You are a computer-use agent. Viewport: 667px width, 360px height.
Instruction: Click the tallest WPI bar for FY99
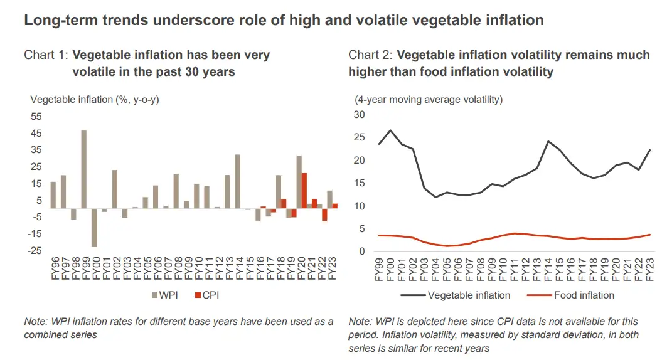click(83, 169)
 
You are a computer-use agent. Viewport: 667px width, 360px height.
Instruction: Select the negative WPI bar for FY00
click(94, 227)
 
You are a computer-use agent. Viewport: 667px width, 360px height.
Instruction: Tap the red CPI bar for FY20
click(304, 191)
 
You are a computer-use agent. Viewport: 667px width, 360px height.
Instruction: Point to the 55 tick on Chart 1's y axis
click(36, 117)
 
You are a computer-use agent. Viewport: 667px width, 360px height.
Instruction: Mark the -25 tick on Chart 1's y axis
click(35, 251)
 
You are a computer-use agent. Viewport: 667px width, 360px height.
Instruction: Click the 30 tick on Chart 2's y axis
click(359, 115)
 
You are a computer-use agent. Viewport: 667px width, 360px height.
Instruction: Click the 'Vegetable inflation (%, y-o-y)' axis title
click(94, 99)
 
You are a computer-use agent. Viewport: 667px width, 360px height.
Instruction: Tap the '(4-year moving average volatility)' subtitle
click(429, 99)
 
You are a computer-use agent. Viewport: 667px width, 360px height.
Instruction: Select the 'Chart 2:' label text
click(370, 55)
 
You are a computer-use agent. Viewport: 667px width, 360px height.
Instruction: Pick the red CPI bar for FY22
click(324, 214)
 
